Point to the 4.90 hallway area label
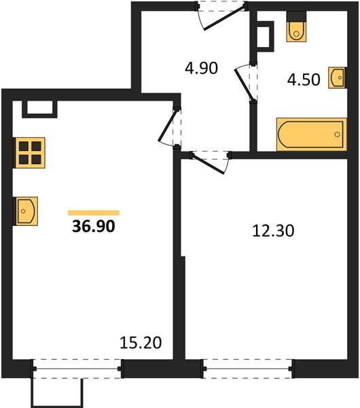(201, 69)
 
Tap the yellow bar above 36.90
(94, 213)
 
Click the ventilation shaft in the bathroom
(265, 33)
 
